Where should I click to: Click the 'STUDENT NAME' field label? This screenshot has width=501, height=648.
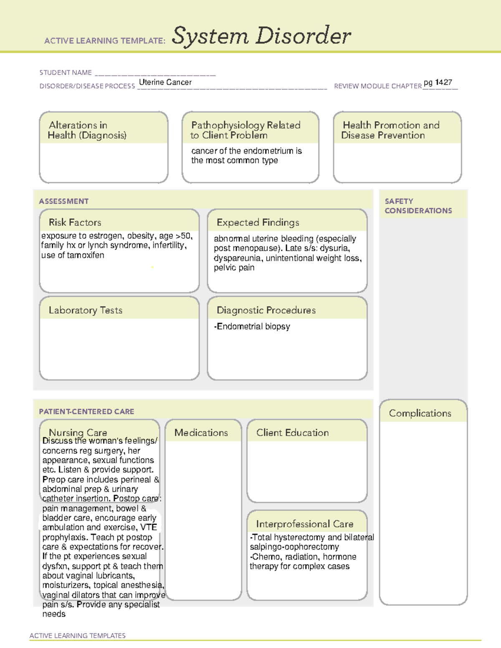point(66,73)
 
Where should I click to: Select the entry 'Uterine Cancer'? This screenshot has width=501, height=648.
point(165,82)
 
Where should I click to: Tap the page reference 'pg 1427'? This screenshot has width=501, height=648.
point(438,82)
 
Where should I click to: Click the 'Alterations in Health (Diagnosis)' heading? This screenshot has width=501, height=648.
point(87,130)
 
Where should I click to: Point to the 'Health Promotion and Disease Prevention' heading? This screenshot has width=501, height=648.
point(390,130)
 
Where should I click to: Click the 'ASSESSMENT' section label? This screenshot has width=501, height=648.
point(63,201)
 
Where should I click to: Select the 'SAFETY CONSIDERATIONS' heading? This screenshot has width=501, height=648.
point(418,206)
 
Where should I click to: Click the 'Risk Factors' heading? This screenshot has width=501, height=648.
point(75,222)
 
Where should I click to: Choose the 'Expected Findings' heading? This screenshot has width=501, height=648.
point(258,222)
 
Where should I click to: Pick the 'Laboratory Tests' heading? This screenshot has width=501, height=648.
point(85,310)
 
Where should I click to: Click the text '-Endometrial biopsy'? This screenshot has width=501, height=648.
point(252,326)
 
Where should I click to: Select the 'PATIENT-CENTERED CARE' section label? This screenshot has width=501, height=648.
point(86,411)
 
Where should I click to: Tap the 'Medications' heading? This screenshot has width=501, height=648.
point(201,433)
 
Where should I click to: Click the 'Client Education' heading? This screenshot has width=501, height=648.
point(292,433)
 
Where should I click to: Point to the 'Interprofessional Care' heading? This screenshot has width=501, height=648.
point(304,524)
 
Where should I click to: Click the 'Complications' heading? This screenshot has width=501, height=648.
point(420,413)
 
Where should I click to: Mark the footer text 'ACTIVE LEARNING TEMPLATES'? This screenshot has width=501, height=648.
point(77,635)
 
